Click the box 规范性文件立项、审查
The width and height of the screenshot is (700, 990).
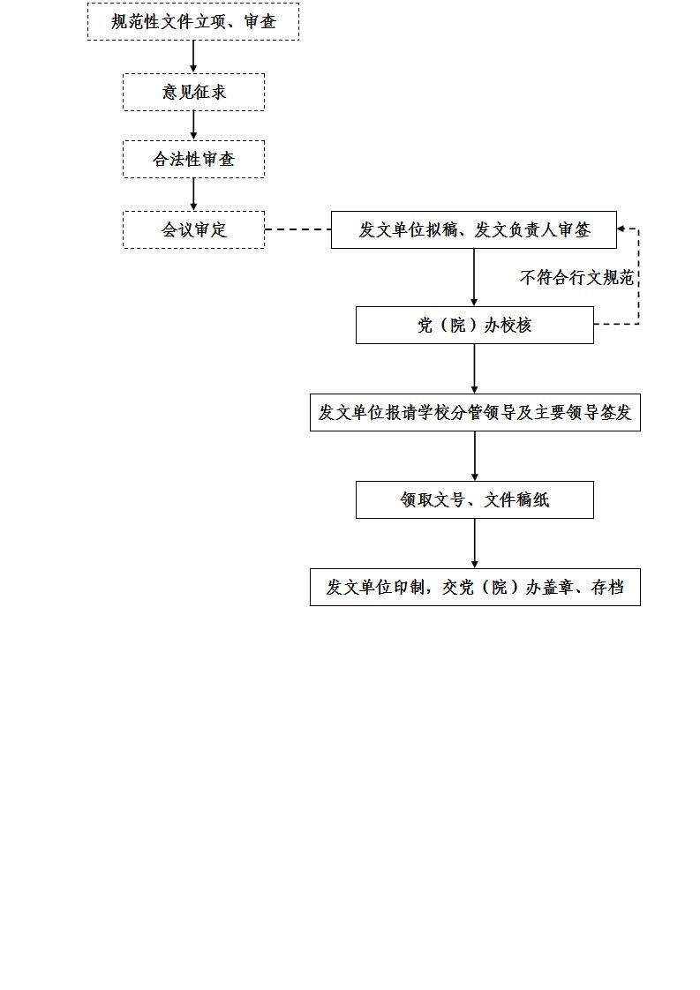pyautogui.click(x=193, y=21)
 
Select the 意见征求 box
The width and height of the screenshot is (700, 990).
pyautogui.click(x=193, y=92)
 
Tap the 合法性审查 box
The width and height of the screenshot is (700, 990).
pyautogui.click(x=193, y=159)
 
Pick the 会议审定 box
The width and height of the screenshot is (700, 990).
pyautogui.click(x=193, y=229)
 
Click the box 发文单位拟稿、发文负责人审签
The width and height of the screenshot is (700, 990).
pyautogui.click(x=474, y=229)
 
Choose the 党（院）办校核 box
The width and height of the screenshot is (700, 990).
pyautogui.click(x=474, y=326)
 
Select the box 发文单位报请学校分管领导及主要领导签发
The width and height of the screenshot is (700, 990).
pyautogui.click(x=475, y=412)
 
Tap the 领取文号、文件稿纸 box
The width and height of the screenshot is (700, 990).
pyautogui.click(x=474, y=500)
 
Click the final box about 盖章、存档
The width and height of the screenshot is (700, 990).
pyautogui.click(x=475, y=587)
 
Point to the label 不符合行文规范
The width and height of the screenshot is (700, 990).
pyautogui.click(x=576, y=277)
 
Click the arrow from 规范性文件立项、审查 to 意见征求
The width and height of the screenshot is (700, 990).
pyautogui.click(x=193, y=56)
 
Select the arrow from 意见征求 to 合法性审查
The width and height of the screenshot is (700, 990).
pyautogui.click(x=193, y=125)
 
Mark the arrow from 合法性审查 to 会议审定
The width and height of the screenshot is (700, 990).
pyautogui.click(x=193, y=194)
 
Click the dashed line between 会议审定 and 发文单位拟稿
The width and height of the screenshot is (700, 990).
pyautogui.click(x=297, y=229)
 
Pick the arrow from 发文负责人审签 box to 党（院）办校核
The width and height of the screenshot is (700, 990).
pyautogui.click(x=474, y=278)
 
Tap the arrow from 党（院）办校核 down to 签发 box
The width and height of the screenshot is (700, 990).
pyautogui.click(x=474, y=369)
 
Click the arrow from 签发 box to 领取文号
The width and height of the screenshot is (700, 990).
pyautogui.click(x=474, y=456)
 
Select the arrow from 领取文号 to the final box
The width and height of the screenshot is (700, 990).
pyautogui.click(x=474, y=544)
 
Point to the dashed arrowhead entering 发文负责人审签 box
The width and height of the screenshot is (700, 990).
pyautogui.click(x=621, y=229)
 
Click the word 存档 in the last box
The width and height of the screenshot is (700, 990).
pyautogui.click(x=607, y=587)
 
